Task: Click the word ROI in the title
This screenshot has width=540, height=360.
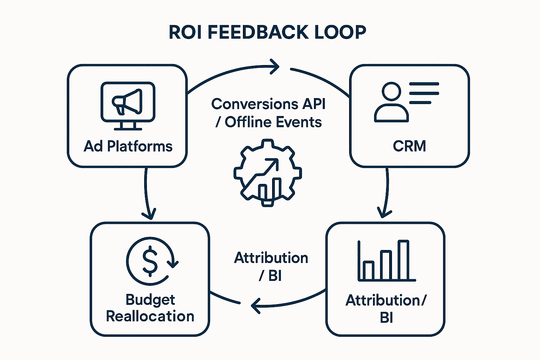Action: coord(186,32)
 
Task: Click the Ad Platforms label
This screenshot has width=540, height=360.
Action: coord(128,146)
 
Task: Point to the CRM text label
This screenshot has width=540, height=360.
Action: coord(409,146)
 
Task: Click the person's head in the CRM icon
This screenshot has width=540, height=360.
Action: coord(391,91)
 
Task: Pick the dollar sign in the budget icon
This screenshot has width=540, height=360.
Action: coord(150,261)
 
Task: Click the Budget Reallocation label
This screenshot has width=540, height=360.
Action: coord(150,308)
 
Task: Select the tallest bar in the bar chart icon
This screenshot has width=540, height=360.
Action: coord(403,260)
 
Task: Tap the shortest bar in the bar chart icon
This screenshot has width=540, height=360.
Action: coord(368,270)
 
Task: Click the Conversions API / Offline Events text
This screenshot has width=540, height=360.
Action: coord(268,113)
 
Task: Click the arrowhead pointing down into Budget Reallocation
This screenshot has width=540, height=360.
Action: coord(149,214)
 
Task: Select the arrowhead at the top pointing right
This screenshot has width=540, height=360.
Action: coord(275,66)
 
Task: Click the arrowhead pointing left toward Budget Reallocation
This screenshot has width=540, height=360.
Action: coord(256,306)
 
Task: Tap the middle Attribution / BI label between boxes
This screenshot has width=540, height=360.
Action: coord(271,266)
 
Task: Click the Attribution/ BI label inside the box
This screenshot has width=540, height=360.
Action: coord(386,309)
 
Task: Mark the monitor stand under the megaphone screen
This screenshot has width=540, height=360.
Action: coord(128,126)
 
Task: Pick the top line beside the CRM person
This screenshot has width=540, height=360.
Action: coord(424,84)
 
